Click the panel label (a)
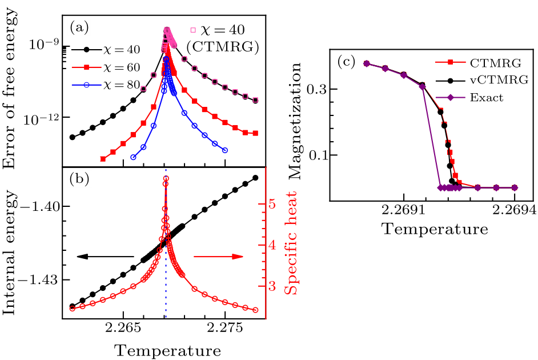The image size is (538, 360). [78, 27]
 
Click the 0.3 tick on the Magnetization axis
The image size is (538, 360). [320, 89]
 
